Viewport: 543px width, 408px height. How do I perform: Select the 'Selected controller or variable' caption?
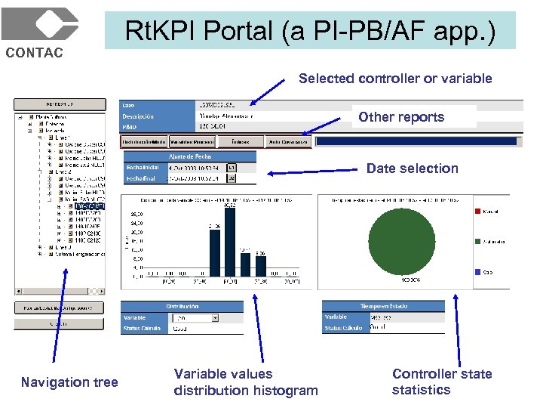coord(394,79)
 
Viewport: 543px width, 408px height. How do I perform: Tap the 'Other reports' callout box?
coord(401,117)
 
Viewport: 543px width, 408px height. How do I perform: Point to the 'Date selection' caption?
coord(412,168)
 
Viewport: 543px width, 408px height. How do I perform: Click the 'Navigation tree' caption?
coord(69,382)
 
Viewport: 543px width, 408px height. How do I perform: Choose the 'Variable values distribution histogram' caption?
coord(245,382)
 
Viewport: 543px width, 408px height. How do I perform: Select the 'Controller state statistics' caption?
coord(441,382)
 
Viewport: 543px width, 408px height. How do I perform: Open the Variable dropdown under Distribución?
coord(214,318)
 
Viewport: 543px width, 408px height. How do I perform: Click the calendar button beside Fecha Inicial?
coord(232,167)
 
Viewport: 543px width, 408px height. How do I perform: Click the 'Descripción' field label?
coord(139,116)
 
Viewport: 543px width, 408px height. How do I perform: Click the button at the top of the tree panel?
coord(58,103)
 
